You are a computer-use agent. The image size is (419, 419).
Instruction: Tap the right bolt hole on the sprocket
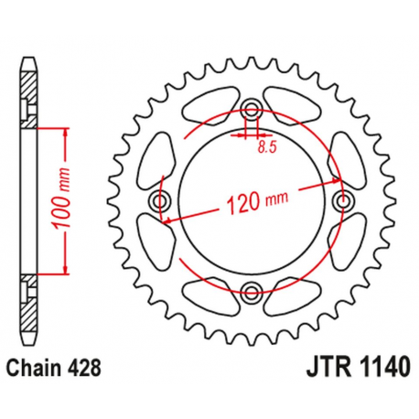click(344, 199)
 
